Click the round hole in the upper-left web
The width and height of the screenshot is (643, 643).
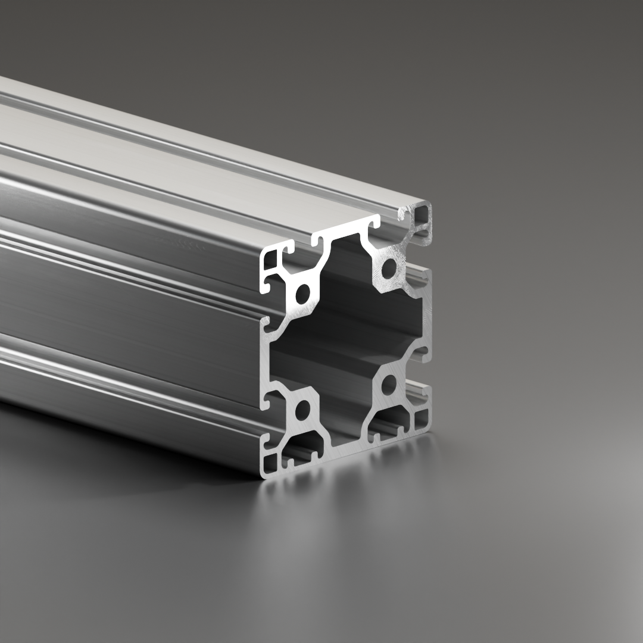pyautogui.click(x=302, y=293)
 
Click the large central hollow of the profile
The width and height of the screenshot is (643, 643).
pyautogui.click(x=348, y=339)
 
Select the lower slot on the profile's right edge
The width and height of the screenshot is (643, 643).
pyautogui.click(x=424, y=391)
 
